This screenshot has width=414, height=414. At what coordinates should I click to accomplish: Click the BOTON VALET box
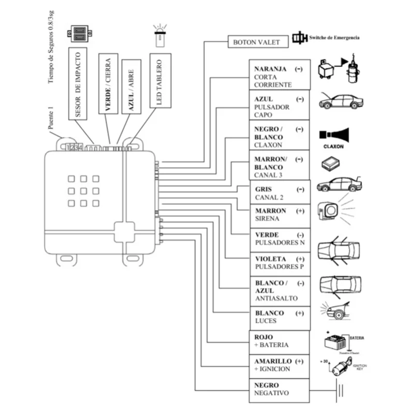point(256,42)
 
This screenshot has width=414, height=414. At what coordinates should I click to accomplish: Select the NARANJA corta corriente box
point(279,77)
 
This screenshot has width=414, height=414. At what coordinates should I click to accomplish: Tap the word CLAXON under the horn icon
point(333,146)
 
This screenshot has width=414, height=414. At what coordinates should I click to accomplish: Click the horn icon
point(334,135)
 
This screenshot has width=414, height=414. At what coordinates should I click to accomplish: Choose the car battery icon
point(335,343)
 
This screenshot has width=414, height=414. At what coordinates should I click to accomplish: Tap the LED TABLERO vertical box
point(159,80)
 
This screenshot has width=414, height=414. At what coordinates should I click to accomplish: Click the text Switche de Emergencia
point(333,38)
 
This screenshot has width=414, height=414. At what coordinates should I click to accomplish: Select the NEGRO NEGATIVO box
point(279,390)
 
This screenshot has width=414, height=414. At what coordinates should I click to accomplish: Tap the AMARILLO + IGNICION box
point(279,365)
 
